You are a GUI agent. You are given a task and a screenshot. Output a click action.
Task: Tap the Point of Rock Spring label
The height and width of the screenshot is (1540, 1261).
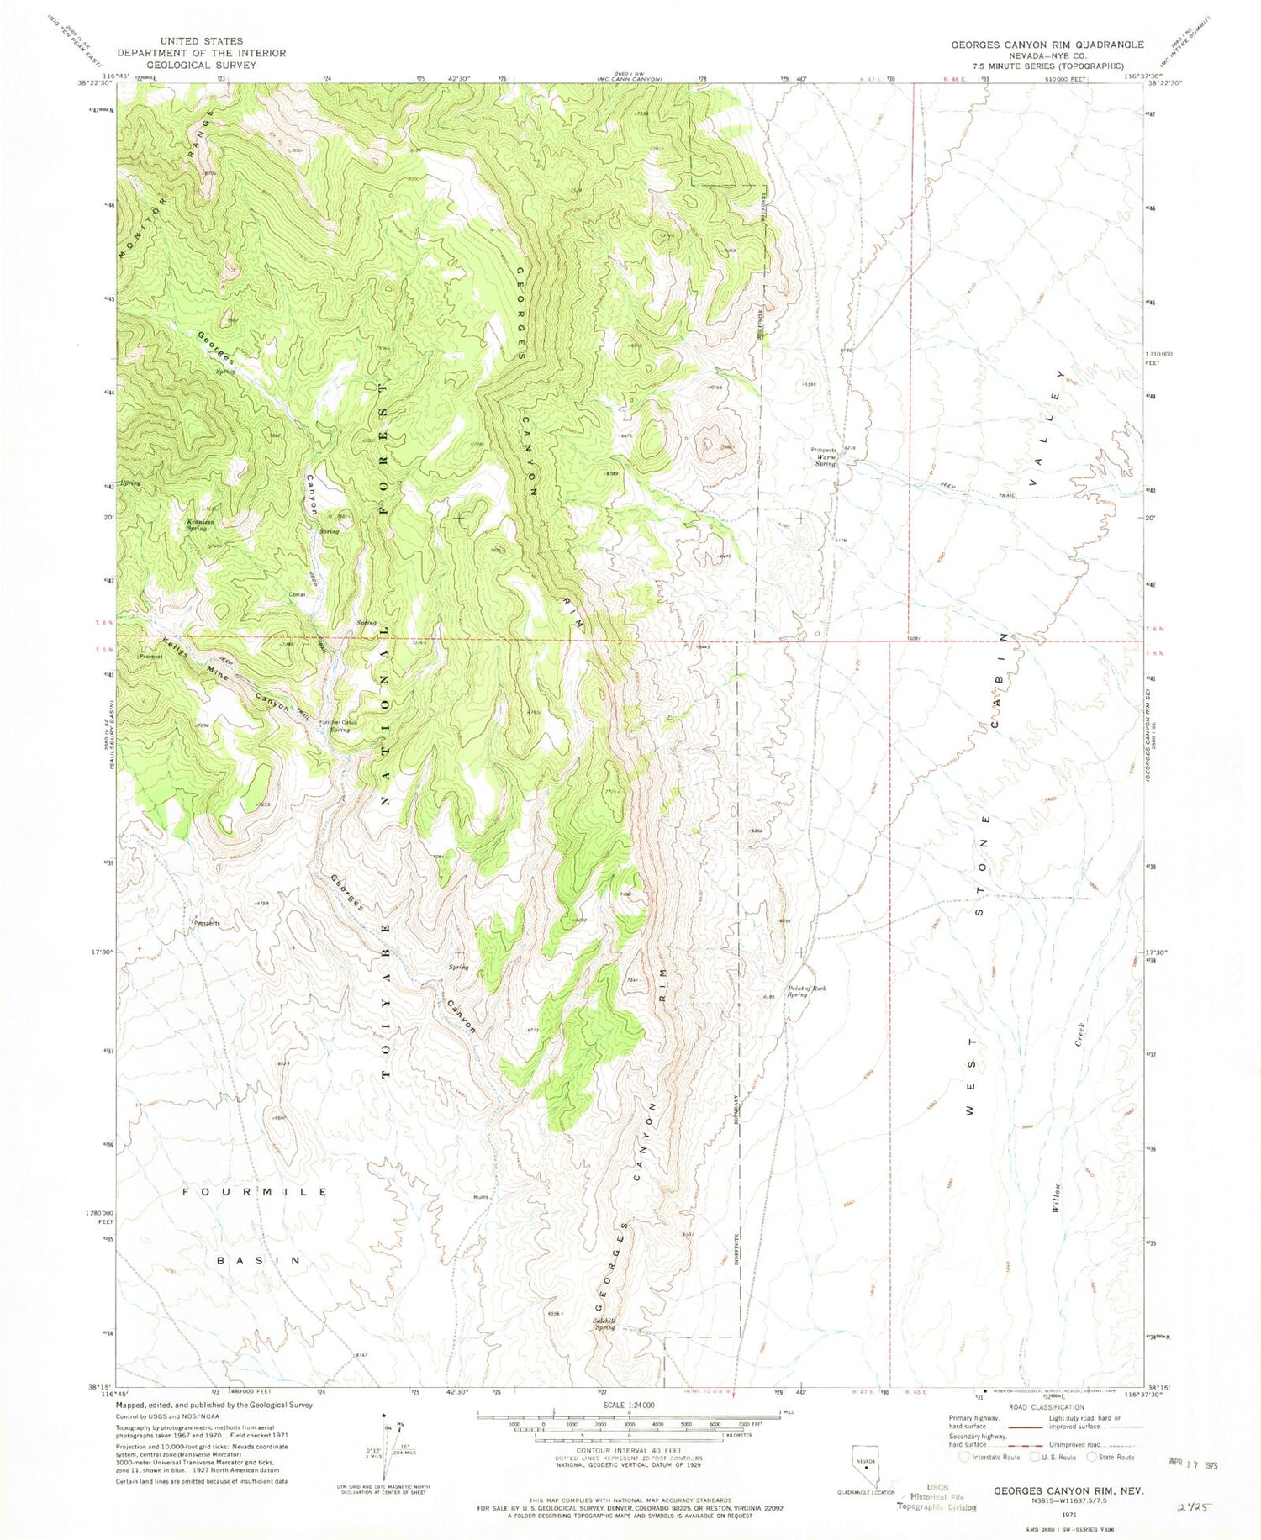click(x=806, y=991)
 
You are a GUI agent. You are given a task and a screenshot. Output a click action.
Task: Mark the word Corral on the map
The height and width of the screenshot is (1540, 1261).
click(x=297, y=594)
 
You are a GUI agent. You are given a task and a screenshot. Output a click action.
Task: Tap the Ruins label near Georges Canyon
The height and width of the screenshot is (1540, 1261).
click(x=481, y=1197)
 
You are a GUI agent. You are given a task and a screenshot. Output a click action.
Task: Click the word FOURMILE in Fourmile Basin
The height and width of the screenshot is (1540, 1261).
click(x=256, y=1192)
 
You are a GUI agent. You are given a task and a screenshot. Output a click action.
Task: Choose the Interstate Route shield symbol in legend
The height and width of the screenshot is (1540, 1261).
click(x=964, y=1457)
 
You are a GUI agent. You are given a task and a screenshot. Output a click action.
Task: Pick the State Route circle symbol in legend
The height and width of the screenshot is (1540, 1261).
click(x=1092, y=1457)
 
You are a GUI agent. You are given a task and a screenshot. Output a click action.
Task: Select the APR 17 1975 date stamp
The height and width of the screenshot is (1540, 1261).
click(x=1193, y=1464)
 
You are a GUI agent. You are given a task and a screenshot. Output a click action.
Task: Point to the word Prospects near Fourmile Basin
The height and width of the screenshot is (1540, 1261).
click(x=207, y=923)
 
